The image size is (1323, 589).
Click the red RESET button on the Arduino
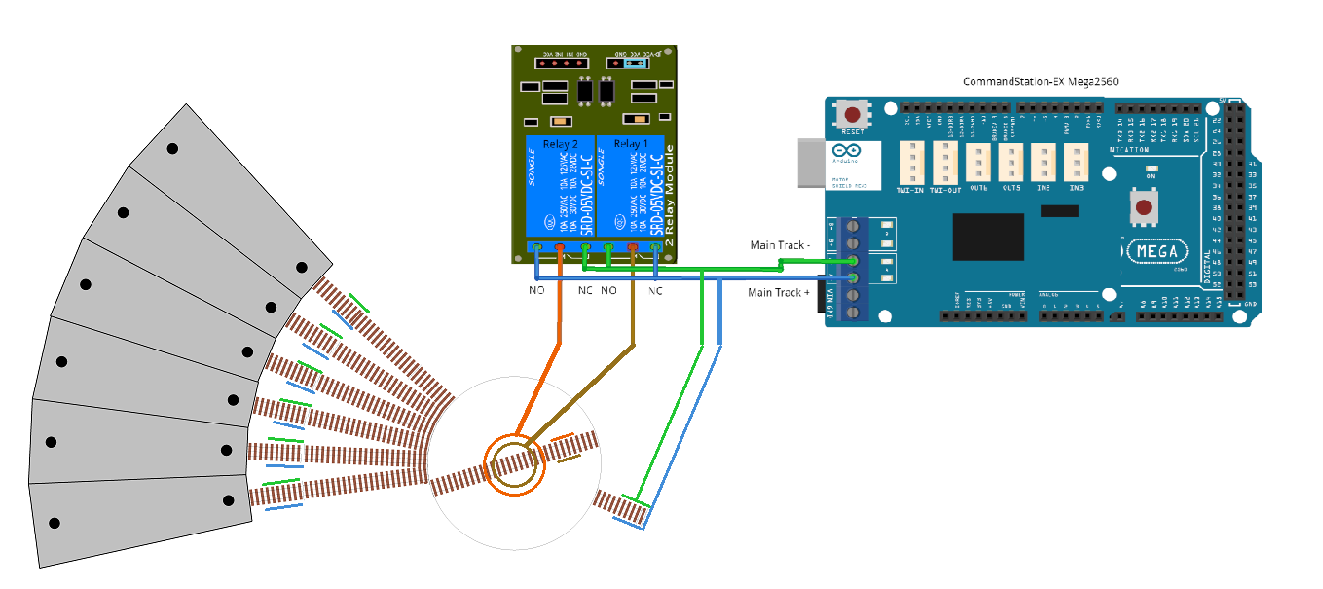[853, 114]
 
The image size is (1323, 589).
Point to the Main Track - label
[779, 244]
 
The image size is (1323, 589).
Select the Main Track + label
[779, 292]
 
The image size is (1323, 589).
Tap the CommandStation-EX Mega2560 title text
[1039, 81]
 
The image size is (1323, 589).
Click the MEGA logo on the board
[1158, 251]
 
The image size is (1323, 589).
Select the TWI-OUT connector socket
[946, 163]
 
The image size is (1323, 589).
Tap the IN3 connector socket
[1076, 163]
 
